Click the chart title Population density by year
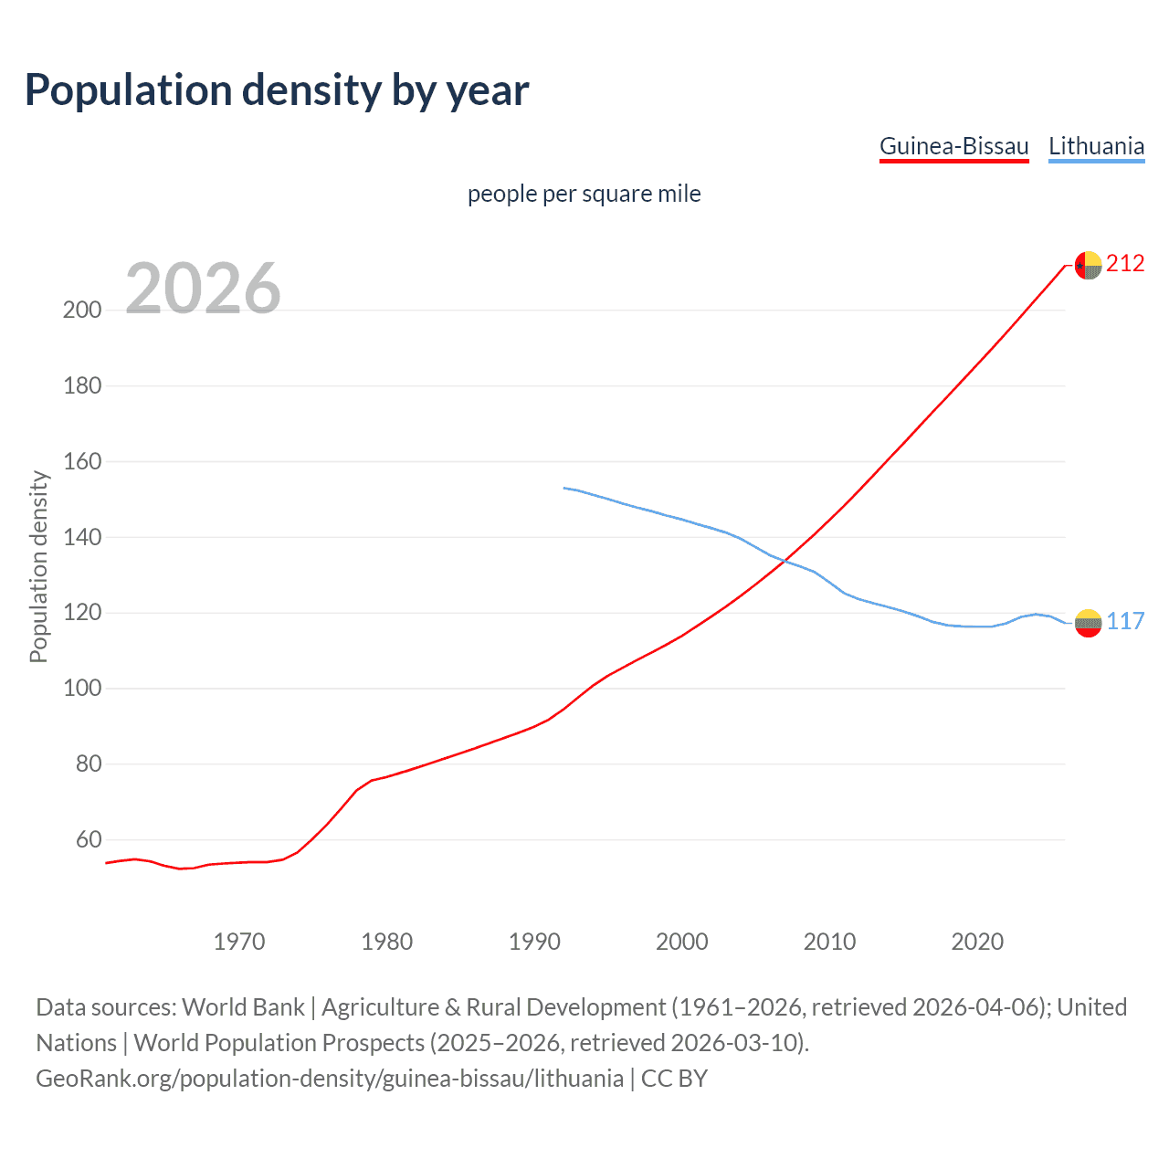pyautogui.click(x=277, y=90)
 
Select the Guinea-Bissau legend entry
pyautogui.click(x=953, y=146)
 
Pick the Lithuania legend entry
pyautogui.click(x=1096, y=146)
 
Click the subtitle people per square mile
pyautogui.click(x=584, y=194)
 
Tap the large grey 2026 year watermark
pyautogui.click(x=203, y=289)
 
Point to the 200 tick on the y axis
pyautogui.click(x=82, y=310)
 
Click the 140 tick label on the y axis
pyautogui.click(x=82, y=537)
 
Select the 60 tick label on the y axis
pyautogui.click(x=89, y=839)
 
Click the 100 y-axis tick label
pyautogui.click(x=82, y=688)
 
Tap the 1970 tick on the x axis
pyautogui.click(x=239, y=942)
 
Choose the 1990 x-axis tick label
pyautogui.click(x=534, y=942)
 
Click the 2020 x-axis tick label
pyautogui.click(x=977, y=942)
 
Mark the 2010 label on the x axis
pyautogui.click(x=829, y=942)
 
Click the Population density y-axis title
pyautogui.click(x=38, y=566)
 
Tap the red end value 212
pyautogui.click(x=1125, y=264)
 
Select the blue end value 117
pyautogui.click(x=1125, y=622)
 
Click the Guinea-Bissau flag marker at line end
pyautogui.click(x=1088, y=265)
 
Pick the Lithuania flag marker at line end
pyautogui.click(x=1088, y=623)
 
